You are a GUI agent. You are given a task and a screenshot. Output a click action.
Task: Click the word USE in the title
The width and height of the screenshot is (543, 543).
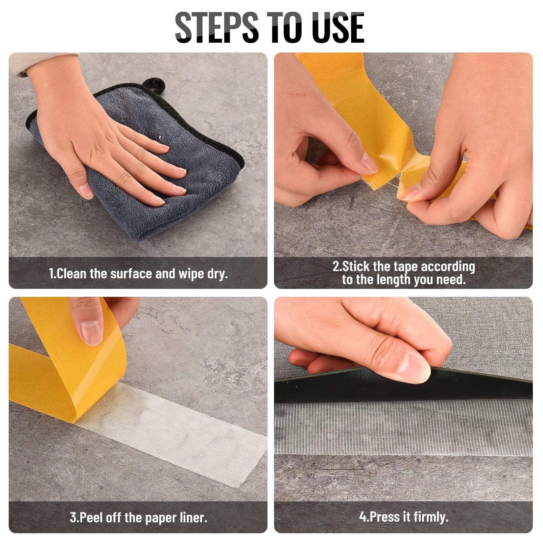[338, 27]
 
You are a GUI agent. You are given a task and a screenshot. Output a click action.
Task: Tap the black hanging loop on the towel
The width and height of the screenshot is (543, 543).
[154, 85]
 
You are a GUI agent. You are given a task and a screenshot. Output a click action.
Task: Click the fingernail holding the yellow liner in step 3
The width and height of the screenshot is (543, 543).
[91, 333]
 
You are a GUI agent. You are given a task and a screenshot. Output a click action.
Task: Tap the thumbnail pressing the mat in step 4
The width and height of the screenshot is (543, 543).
[414, 369]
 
